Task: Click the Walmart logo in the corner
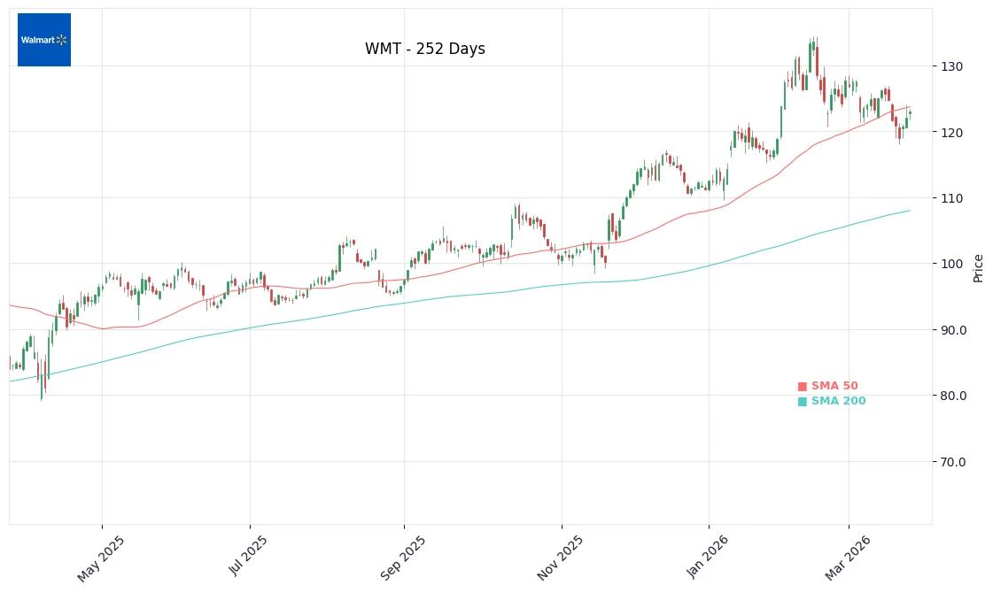44,40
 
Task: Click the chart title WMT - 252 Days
425,50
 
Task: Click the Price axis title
978,267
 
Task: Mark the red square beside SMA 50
803,387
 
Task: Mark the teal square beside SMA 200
803,402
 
